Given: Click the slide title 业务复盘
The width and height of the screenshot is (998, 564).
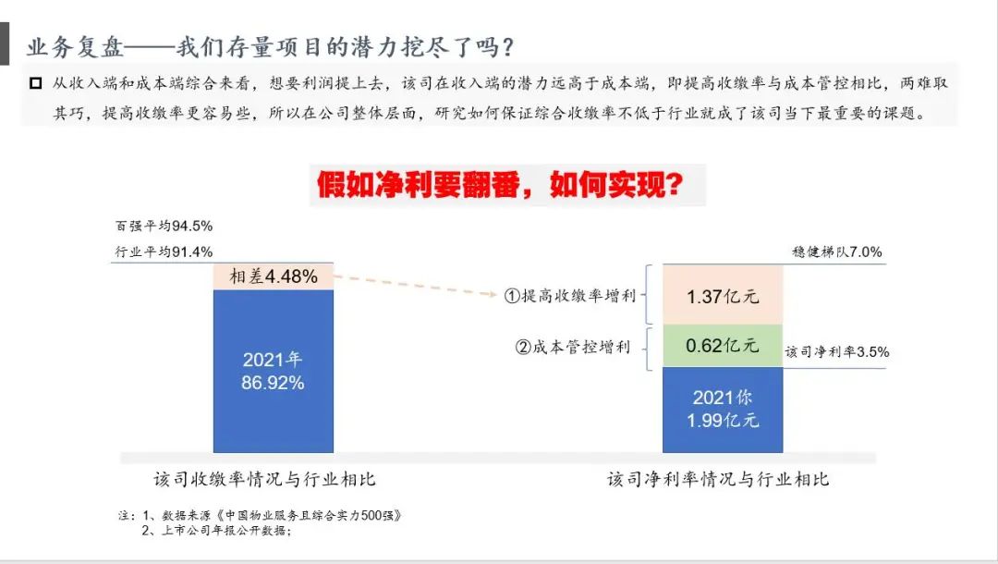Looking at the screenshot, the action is (x=76, y=47).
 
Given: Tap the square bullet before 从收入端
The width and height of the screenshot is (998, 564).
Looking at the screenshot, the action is (x=36, y=83).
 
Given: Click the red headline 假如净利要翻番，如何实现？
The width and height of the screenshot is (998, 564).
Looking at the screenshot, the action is (x=500, y=185).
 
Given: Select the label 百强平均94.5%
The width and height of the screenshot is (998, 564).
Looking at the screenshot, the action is (x=164, y=226).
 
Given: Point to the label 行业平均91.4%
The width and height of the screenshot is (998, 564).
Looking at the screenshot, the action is (x=164, y=252).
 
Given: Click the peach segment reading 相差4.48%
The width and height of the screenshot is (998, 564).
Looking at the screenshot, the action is (x=273, y=276).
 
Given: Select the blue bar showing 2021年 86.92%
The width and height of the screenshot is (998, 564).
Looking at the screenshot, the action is (x=273, y=371).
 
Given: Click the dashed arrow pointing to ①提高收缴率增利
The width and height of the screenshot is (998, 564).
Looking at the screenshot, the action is (x=415, y=285).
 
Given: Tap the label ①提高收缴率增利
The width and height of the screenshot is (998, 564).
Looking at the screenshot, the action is (x=570, y=295).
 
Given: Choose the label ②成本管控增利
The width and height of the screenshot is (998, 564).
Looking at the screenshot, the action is (x=573, y=347).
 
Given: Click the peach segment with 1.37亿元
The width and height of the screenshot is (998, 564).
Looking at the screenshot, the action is (x=723, y=295).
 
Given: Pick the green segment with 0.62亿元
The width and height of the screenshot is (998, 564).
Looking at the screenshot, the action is (x=723, y=346).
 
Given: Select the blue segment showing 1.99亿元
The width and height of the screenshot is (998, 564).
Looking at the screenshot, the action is (x=723, y=410).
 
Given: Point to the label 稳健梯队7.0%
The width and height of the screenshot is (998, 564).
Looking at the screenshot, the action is (x=837, y=252).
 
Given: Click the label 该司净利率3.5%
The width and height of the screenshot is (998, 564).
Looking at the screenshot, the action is (x=837, y=352).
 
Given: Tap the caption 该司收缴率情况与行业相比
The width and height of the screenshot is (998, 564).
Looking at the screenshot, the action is (x=265, y=479).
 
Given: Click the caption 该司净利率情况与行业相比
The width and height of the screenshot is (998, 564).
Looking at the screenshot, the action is (x=718, y=479).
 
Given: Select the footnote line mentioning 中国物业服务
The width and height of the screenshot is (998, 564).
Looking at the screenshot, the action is (x=260, y=515).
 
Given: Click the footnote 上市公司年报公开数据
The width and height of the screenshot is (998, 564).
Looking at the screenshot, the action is (x=216, y=531).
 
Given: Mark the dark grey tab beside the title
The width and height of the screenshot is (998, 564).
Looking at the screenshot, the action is (x=5, y=43).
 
